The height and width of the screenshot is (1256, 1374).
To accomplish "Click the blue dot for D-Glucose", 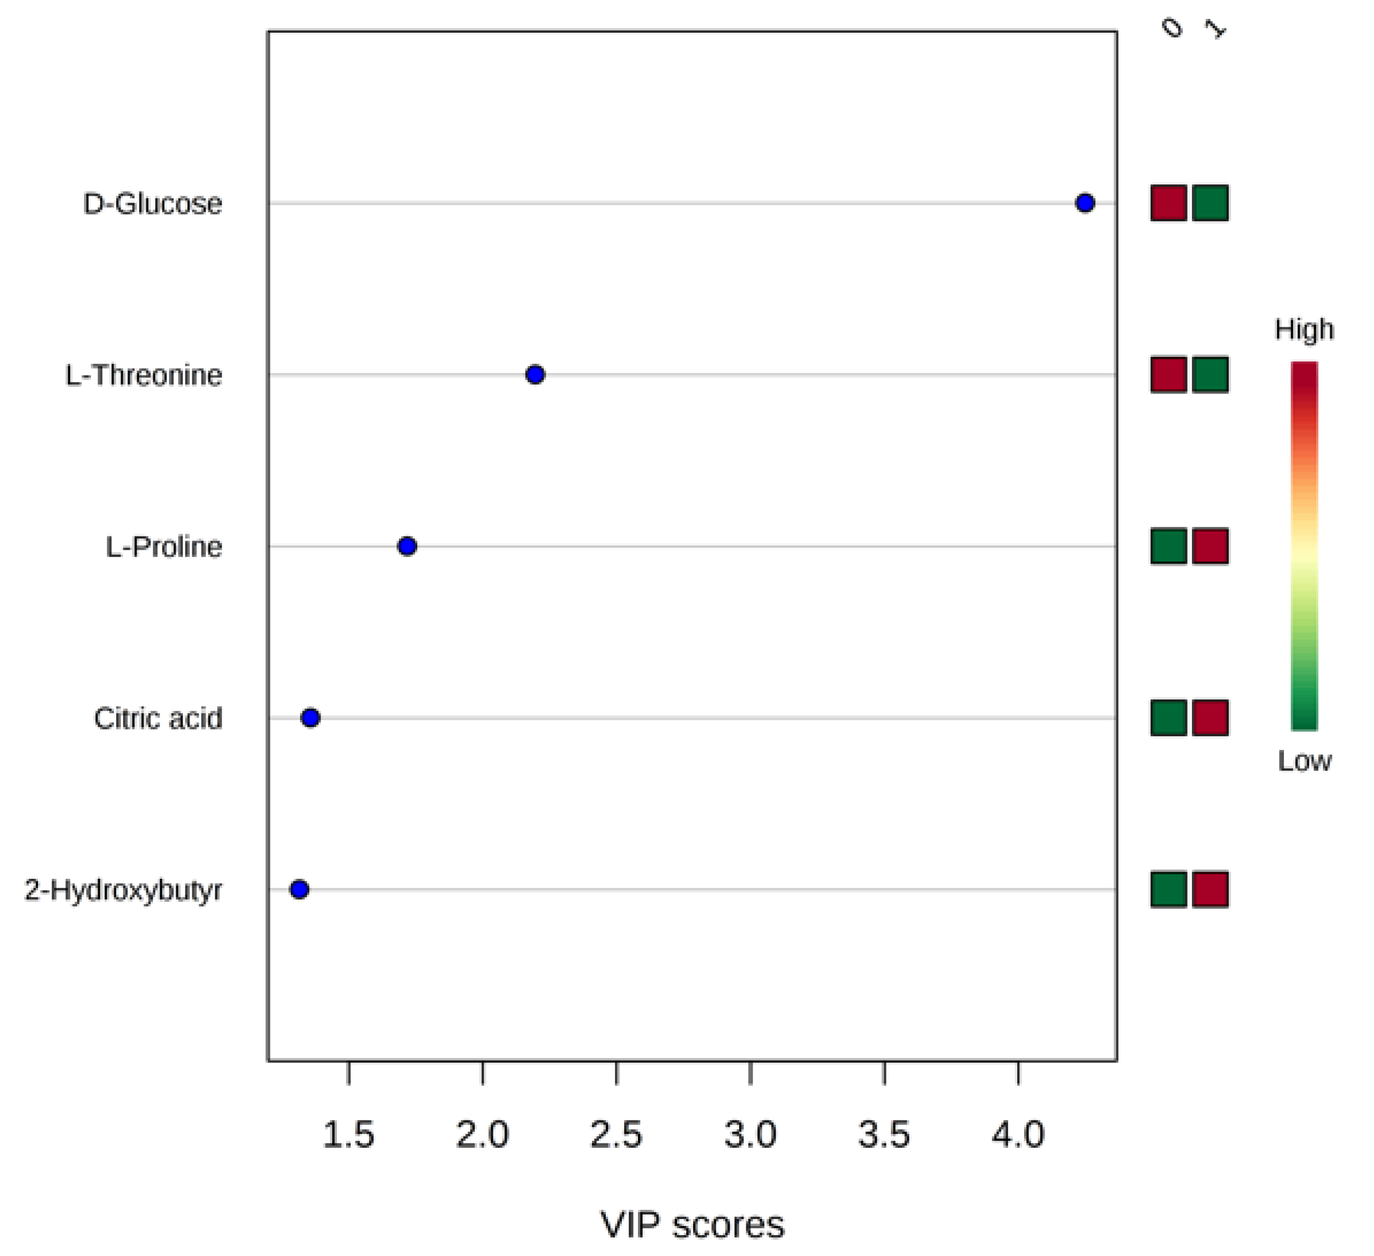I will pos(1085,203).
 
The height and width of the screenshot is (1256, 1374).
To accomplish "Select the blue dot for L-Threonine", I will pos(535,375).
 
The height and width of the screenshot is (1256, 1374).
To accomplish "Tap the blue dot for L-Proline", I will pos(407,546).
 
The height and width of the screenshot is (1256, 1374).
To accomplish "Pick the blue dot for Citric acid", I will pos(310,718).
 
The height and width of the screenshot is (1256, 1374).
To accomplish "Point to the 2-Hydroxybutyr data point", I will pos(299,889).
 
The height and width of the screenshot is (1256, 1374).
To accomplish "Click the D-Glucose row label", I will pos(153,203).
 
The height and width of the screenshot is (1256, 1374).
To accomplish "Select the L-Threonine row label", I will pos(144,375).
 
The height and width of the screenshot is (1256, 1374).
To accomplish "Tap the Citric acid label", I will pos(158,719).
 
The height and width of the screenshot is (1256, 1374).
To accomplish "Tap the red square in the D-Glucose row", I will pos(1169,203).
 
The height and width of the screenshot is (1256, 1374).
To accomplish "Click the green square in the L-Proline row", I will pos(1169,546).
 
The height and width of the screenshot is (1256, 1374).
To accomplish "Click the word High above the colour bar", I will pos(1304,330).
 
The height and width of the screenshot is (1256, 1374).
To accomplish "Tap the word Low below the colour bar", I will pos(1304,760).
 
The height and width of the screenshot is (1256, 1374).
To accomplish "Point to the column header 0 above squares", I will pos(1172,28).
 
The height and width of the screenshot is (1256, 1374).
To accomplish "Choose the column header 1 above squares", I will pos(1214,28).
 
